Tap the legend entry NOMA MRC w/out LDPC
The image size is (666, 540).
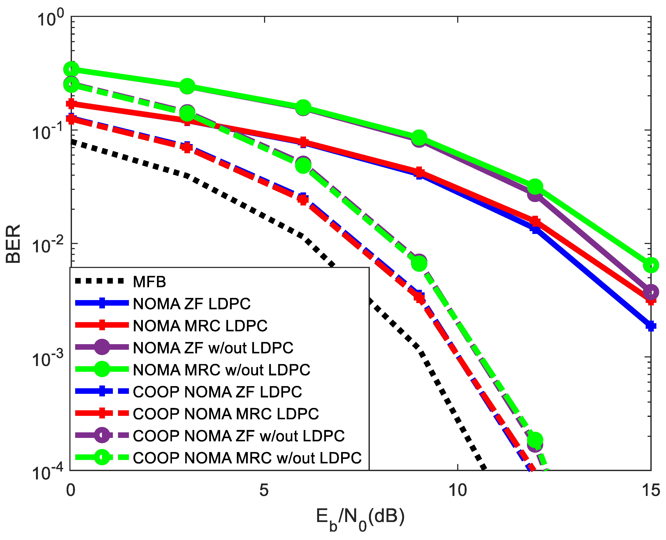(x=221, y=370)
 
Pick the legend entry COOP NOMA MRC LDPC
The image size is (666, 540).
(x=226, y=414)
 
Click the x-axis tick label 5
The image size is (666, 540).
(x=264, y=490)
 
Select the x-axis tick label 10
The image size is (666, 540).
(x=457, y=490)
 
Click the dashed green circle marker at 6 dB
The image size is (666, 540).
(x=303, y=165)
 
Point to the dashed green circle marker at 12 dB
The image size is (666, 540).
(x=535, y=440)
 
